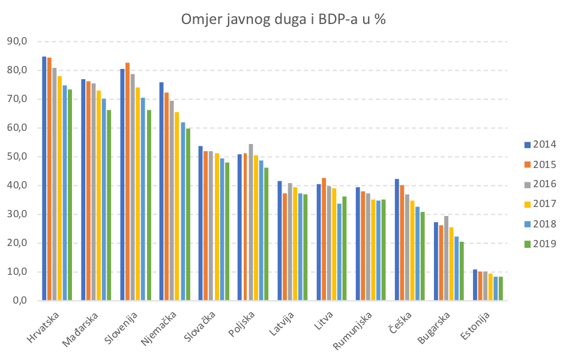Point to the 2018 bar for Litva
[x=339, y=252]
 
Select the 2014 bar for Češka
[x=397, y=239]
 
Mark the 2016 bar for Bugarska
[x=447, y=258]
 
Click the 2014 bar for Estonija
[x=475, y=285]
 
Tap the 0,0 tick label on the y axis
[x=18, y=301]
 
